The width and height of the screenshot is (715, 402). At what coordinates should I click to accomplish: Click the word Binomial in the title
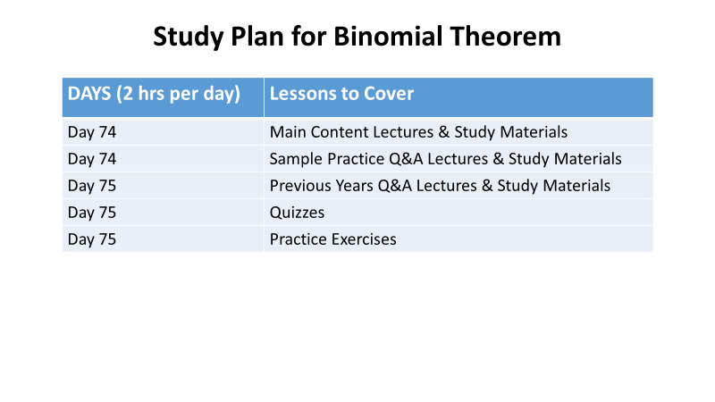coord(388,36)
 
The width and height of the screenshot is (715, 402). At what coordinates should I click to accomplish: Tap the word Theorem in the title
coord(505,36)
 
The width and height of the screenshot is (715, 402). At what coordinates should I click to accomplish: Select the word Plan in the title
coord(257,36)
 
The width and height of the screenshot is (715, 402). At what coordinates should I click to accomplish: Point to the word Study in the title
coord(188,38)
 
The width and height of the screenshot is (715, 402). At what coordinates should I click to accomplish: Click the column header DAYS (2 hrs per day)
coord(154,94)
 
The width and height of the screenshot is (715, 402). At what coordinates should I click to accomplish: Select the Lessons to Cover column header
coord(341,94)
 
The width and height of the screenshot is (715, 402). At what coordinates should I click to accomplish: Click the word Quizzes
coord(297,214)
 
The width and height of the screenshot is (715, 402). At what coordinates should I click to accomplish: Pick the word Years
coord(354,186)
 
